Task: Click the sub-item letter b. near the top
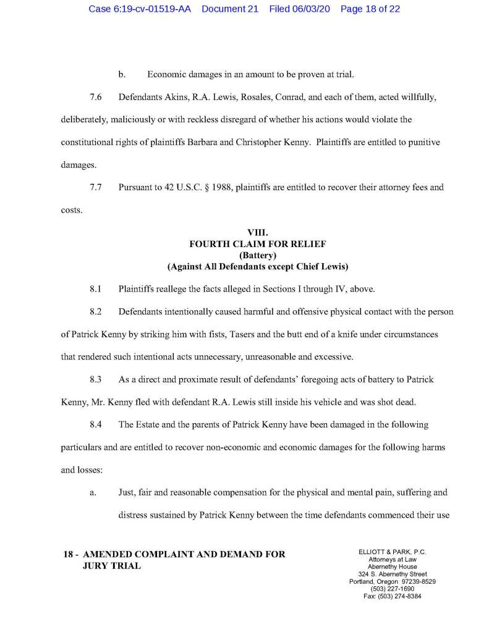(122, 75)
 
